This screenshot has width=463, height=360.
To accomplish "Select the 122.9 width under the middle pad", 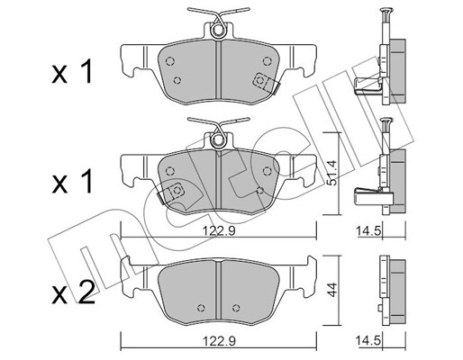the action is (x=219, y=231).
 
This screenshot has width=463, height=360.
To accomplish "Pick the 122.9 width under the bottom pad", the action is (x=219, y=341).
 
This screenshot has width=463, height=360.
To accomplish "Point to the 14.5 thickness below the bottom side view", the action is (x=368, y=341).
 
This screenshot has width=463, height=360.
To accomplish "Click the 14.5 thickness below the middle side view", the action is (x=368, y=231).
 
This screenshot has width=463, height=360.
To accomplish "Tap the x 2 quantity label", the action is (x=74, y=292).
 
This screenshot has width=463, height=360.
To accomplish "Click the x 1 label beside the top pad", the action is (x=72, y=71).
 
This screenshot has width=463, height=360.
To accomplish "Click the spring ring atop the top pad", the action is (x=218, y=31).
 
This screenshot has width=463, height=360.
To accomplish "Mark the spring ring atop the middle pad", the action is (x=218, y=140).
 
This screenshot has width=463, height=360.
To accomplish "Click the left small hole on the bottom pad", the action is (x=202, y=308).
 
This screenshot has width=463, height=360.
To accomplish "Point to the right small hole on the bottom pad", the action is (x=236, y=308).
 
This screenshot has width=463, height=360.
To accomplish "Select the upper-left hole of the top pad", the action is (x=170, y=61).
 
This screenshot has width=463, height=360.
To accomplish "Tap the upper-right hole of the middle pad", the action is (x=267, y=171).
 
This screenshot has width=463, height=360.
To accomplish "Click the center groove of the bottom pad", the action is (x=219, y=291).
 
